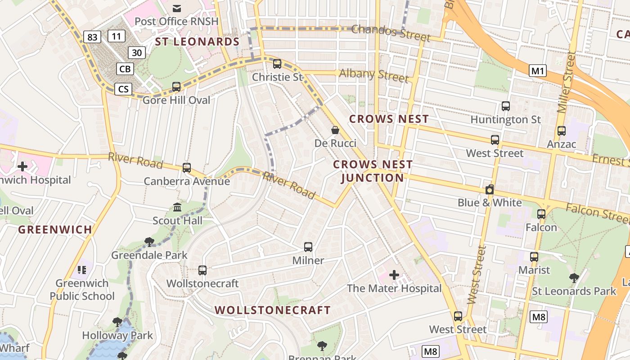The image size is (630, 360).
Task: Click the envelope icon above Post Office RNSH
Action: pyautogui.click(x=177, y=8)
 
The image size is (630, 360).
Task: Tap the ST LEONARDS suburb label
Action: pyautogui.click(x=197, y=42)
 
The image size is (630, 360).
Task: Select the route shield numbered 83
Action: pyautogui.click(x=92, y=37)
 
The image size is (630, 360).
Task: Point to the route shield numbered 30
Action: pyautogui.click(x=137, y=53)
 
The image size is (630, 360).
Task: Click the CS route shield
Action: pyautogui.click(x=123, y=89)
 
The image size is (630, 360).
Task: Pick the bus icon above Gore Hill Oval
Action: pyautogui.click(x=176, y=86)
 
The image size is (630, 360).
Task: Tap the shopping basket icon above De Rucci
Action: pyautogui.click(x=335, y=130)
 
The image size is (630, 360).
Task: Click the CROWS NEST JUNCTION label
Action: pyautogui.click(x=373, y=171)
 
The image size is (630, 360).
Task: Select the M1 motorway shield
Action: pyautogui.click(x=538, y=71)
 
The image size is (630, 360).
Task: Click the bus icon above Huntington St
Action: pyautogui.click(x=506, y=106)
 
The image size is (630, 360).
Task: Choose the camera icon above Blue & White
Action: pyautogui.click(x=490, y=189)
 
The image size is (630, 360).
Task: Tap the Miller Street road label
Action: pyautogui.click(x=566, y=82)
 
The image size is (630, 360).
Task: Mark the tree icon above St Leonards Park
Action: pyautogui.click(x=574, y=278)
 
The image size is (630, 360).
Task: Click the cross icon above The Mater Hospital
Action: pyautogui.click(x=394, y=274)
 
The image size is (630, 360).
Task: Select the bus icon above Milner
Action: pyautogui.click(x=308, y=247)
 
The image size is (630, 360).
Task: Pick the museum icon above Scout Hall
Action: pyautogui.click(x=177, y=207)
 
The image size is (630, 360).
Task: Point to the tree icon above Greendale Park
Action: pyautogui.click(x=149, y=242)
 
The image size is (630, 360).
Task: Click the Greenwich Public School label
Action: pyautogui.click(x=82, y=289)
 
